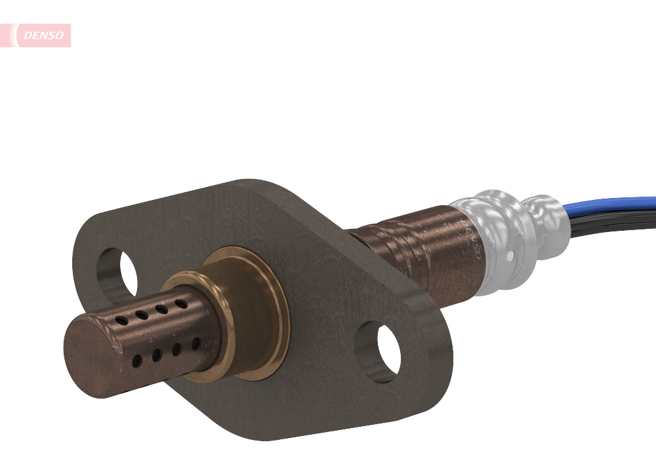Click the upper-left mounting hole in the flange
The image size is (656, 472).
(x=118, y=272)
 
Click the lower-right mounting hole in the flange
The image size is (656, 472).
(x=380, y=351)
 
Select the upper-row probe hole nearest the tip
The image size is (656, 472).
(x=121, y=321)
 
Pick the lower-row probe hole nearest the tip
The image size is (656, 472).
(x=136, y=361)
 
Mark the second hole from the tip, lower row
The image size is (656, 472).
(x=157, y=355)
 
